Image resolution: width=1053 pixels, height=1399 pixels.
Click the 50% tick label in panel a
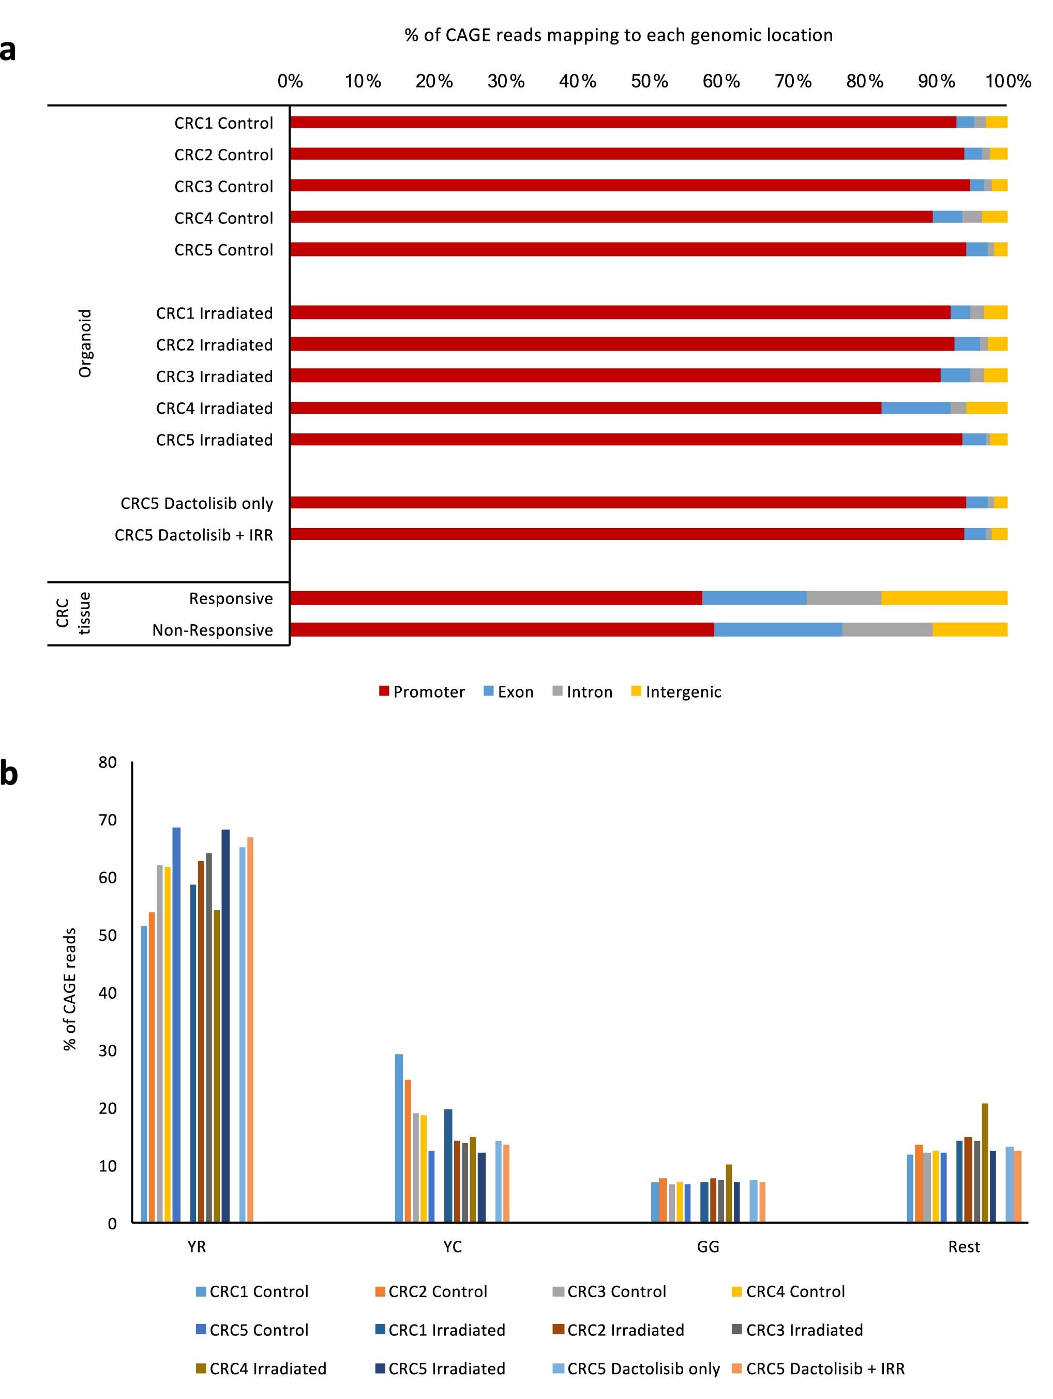pos(649,81)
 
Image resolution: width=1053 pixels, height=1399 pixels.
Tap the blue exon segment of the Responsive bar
pos(754,598)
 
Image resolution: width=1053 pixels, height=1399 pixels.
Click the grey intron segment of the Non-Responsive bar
pos(886,629)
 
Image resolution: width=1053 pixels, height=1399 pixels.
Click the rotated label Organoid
pos(85,343)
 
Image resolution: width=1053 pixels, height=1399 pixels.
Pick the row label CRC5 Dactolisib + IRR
pos(193,535)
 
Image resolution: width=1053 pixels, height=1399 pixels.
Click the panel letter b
pos(9,774)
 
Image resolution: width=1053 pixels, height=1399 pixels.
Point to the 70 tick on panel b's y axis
pos(108,820)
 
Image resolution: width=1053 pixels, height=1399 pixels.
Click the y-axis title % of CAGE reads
pos(70,989)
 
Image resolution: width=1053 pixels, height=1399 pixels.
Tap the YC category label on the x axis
pos(452,1246)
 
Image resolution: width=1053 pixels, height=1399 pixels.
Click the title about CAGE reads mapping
pos(618,35)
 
